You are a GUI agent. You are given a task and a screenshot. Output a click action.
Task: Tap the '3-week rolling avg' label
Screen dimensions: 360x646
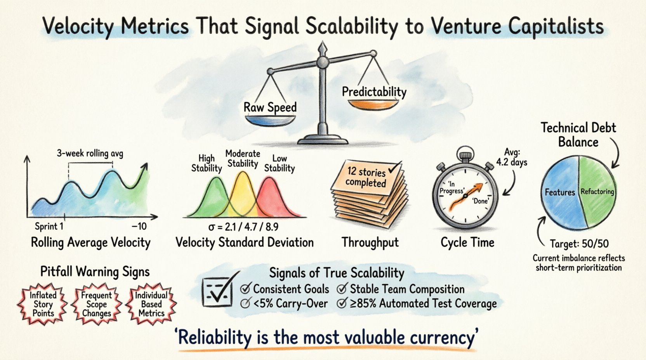click(x=90, y=153)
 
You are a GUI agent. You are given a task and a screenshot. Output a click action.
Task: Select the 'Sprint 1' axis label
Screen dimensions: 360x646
click(x=49, y=226)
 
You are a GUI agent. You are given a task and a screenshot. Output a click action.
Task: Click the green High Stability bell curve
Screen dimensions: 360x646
click(x=212, y=198)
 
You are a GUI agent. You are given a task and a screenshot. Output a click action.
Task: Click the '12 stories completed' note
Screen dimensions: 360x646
click(x=366, y=177)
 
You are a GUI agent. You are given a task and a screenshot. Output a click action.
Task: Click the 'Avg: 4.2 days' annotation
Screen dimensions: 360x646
click(x=512, y=157)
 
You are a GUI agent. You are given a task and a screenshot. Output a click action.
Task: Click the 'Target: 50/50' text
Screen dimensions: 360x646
click(x=579, y=244)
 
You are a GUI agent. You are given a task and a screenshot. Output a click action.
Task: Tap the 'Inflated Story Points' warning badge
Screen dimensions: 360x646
click(x=43, y=304)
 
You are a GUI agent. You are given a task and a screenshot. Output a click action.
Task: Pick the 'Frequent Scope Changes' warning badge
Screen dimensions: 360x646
click(x=96, y=304)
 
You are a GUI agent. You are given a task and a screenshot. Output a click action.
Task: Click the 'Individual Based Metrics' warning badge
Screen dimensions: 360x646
click(x=151, y=304)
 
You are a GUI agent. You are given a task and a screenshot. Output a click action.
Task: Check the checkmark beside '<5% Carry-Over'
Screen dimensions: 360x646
click(x=245, y=304)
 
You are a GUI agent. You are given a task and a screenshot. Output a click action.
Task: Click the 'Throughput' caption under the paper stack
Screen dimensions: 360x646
click(x=370, y=242)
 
